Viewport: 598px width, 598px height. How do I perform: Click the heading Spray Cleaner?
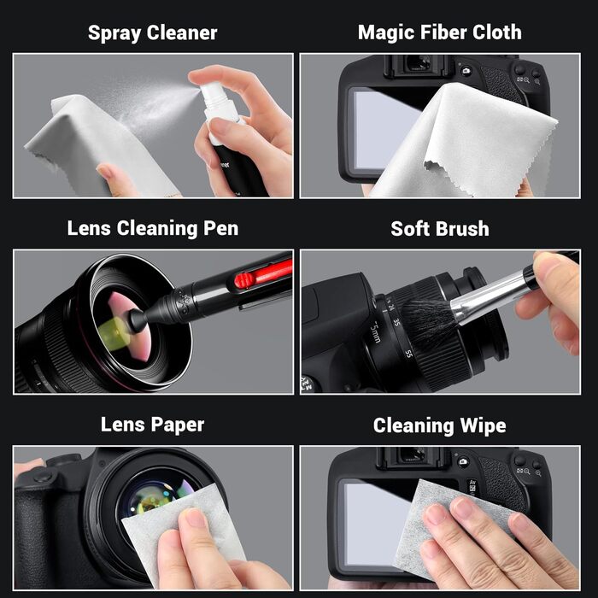click(153, 32)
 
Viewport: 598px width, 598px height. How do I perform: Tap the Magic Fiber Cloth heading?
click(440, 32)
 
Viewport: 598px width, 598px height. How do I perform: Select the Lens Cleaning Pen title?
click(153, 228)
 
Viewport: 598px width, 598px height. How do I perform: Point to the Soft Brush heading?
click(440, 229)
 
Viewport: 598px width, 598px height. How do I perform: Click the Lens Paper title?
click(153, 425)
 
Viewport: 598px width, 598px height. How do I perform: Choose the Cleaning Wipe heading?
click(440, 425)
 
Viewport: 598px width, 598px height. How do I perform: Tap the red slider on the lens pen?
click(244, 280)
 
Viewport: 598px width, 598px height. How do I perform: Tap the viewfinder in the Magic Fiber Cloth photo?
click(419, 63)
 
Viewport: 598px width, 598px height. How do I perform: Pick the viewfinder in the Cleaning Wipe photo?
click(413, 454)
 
